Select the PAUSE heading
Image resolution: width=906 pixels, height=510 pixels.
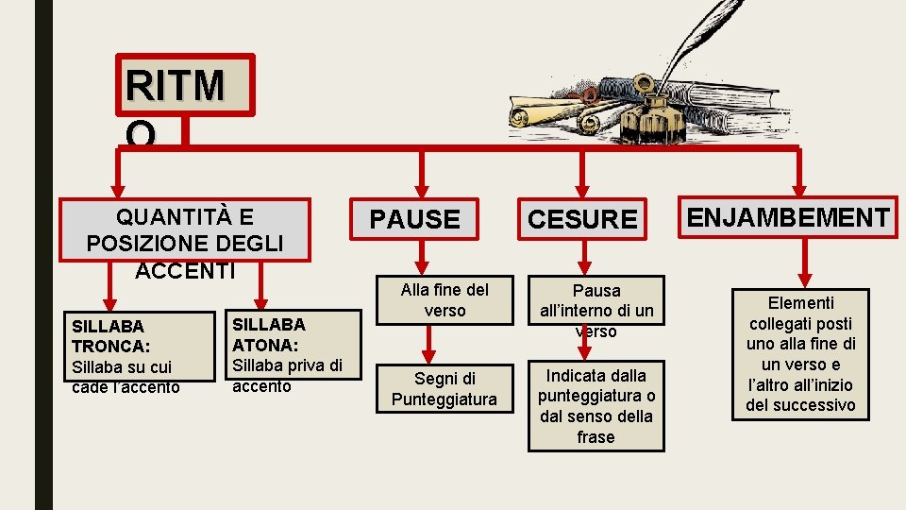point(414,219)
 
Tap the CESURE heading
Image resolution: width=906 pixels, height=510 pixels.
point(582,219)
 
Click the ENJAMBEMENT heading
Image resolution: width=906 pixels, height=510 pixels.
point(788,218)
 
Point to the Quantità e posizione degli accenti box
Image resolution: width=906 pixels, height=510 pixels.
point(185,229)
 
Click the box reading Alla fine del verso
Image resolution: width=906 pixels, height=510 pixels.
point(445,299)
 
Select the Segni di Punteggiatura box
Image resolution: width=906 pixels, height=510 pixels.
point(444,388)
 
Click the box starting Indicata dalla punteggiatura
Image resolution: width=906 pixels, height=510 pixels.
point(596,406)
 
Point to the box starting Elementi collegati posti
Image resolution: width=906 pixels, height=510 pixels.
point(800,354)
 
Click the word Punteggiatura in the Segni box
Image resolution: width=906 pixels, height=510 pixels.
point(444,399)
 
